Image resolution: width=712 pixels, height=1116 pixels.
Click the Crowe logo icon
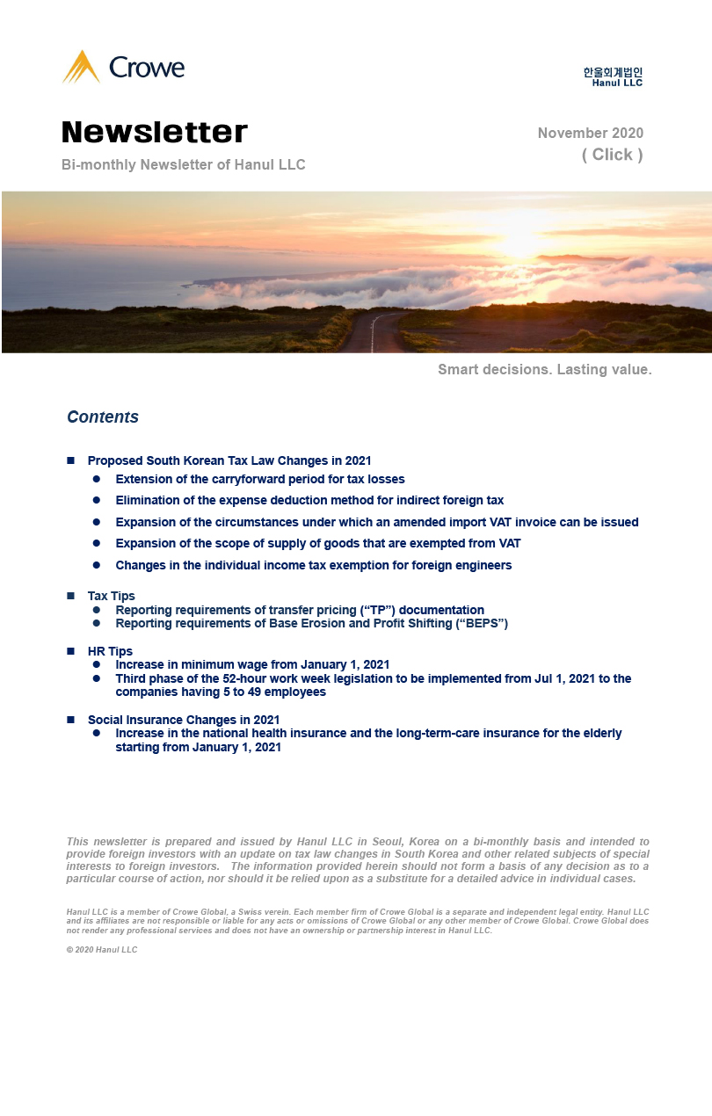(81, 67)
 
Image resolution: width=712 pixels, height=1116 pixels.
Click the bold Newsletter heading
(155, 132)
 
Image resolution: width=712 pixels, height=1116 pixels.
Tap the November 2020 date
(590, 134)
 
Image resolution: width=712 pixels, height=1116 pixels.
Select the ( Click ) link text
(612, 155)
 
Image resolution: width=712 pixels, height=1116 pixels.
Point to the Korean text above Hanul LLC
(613, 72)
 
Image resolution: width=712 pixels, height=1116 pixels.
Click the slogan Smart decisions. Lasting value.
(545, 370)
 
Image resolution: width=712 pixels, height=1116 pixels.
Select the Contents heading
(103, 417)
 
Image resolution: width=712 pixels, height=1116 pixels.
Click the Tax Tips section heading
(112, 596)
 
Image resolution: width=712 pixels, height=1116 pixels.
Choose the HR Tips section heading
(110, 651)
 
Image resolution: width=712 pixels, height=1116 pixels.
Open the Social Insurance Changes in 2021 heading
(184, 720)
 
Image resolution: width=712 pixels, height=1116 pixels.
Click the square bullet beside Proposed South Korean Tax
(71, 460)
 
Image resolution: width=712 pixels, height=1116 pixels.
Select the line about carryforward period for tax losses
(260, 479)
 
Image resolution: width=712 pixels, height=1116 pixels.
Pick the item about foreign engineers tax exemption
(313, 565)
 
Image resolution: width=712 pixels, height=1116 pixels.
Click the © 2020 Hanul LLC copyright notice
(102, 950)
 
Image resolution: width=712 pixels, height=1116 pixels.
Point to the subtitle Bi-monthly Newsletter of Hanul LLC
(184, 165)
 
